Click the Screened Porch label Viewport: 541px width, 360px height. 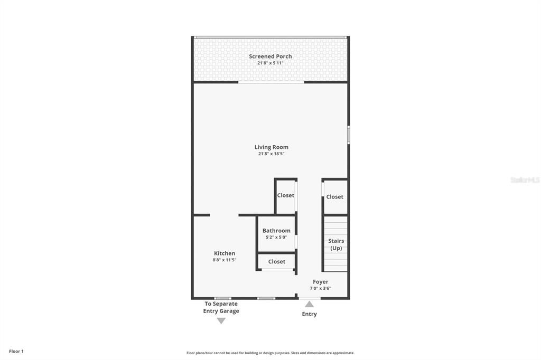click(270, 56)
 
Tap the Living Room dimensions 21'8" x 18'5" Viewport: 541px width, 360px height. click(271, 154)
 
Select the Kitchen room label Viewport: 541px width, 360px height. click(225, 253)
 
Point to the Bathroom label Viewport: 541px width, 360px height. click(276, 231)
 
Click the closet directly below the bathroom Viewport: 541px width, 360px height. click(276, 261)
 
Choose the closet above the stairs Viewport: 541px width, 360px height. click(334, 197)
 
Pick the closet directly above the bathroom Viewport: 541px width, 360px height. click(285, 195)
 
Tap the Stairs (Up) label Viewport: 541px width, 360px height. click(336, 244)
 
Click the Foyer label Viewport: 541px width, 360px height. click(320, 282)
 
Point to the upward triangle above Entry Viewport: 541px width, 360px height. click(309, 304)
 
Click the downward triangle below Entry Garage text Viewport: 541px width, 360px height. click(221, 321)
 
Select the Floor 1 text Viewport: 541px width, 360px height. click(16, 351)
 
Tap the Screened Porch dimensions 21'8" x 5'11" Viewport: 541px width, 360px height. click(270, 63)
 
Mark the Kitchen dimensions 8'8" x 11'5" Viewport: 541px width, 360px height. click(225, 260)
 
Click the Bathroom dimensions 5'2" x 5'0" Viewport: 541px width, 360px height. click(276, 238)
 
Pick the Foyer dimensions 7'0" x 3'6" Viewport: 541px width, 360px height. click(320, 288)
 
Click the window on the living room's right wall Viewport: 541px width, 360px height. click(348, 134)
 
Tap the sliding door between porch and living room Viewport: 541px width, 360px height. click(271, 82)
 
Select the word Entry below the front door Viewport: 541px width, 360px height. click(309, 314)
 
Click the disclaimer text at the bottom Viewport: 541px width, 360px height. click(270, 353)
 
